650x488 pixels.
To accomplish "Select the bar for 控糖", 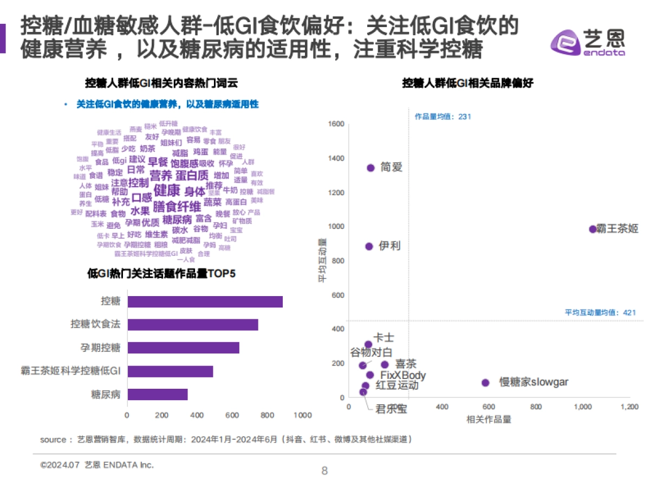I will coord(205,301).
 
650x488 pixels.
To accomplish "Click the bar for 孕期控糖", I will coord(183,348).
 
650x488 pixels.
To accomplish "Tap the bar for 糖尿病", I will coord(157,394).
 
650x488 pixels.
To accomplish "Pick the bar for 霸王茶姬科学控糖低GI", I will coord(170,371).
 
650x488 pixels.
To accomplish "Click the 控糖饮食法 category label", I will coord(95,324).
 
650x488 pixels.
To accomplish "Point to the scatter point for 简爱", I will coord(371,168).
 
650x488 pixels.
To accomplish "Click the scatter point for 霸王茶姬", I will coord(593,229).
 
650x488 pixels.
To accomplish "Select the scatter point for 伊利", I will coord(369,246).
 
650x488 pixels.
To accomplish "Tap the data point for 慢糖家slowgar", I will coord(485,383).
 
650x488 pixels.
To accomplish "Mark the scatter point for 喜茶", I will coord(385,365).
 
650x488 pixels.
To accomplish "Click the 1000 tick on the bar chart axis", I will coord(302,415).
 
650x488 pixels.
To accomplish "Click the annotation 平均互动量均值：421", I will coord(600,312).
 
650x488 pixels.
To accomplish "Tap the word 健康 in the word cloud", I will coord(167,190).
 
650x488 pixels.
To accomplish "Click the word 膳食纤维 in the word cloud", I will coord(177,207).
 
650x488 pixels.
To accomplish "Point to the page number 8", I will coord(324,471).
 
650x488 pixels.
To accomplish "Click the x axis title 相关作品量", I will coord(489,419).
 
